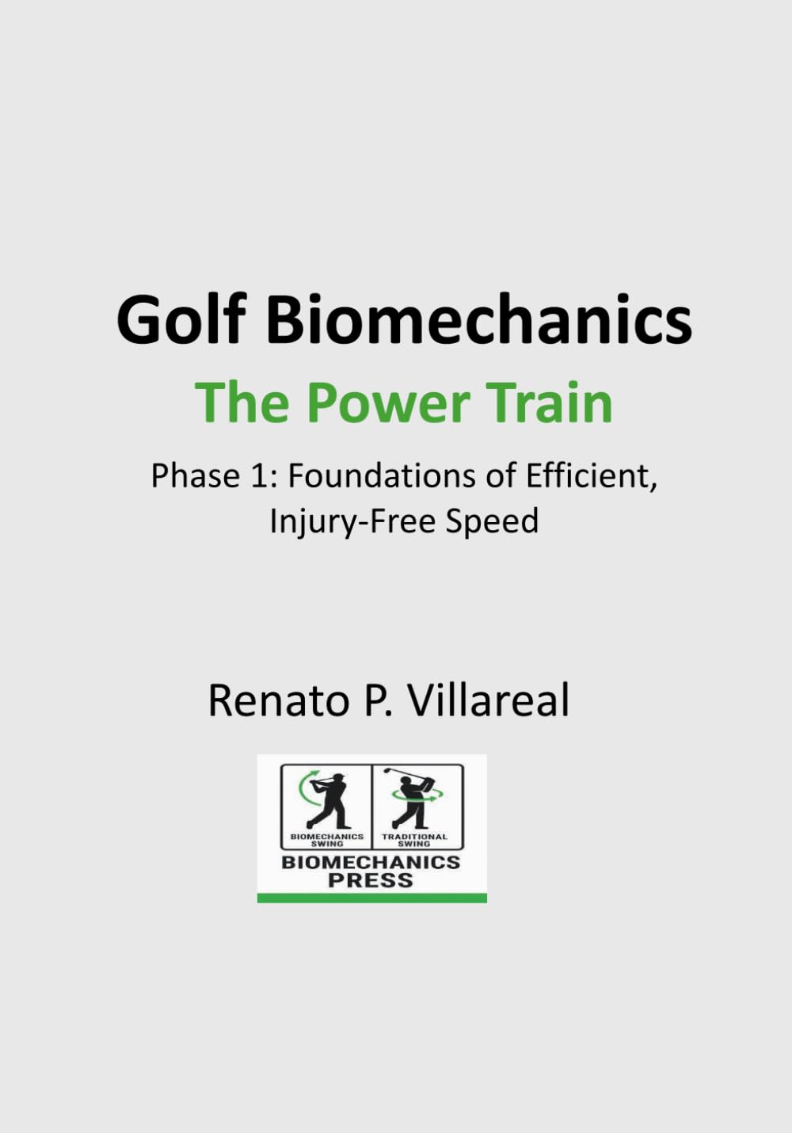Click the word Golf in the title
(x=179, y=319)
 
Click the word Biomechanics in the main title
(x=478, y=319)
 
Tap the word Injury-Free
(x=352, y=521)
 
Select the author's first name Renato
(x=280, y=700)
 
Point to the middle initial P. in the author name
(x=377, y=700)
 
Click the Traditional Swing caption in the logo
(x=414, y=840)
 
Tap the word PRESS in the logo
(x=371, y=880)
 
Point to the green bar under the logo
(x=371, y=898)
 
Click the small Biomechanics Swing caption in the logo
(x=327, y=840)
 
